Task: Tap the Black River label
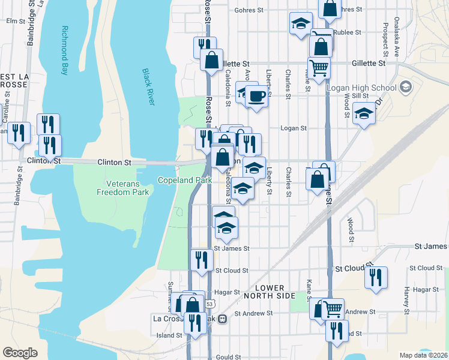[148, 87]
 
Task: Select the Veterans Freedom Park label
[124, 188]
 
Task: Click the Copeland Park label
[185, 180]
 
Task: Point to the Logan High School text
[361, 88]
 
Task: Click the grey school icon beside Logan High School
[406, 88]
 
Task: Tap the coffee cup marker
[256, 97]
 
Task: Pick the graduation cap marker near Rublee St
[301, 24]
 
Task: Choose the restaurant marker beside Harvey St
[376, 277]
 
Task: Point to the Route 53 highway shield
[209, 304]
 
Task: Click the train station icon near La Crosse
[222, 319]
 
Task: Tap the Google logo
[20, 353]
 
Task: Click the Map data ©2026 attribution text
[423, 355]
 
